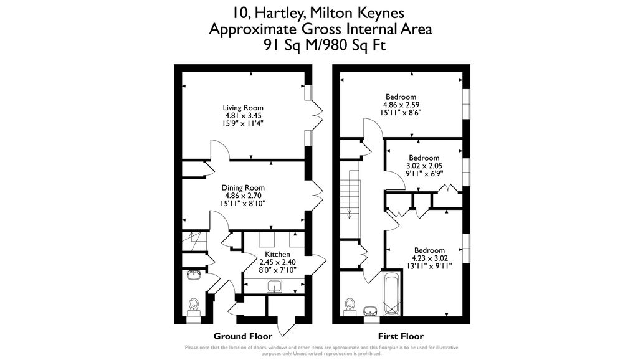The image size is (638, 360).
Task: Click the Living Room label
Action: (243, 108)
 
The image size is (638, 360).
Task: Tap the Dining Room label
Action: (243, 188)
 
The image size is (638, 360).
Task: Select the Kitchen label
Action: (277, 254)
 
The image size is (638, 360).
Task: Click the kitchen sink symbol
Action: (275, 286)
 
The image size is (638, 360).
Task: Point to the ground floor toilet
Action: (194, 307)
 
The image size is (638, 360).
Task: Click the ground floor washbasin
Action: (194, 275)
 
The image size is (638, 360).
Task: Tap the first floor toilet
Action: (349, 308)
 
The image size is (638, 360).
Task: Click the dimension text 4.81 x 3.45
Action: (243, 115)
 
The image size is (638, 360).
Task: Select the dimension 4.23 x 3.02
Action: (430, 258)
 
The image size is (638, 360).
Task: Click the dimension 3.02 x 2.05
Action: (424, 166)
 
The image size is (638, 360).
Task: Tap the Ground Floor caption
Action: (243, 336)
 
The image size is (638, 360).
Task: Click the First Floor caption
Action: (401, 336)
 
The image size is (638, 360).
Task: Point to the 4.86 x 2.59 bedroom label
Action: (401, 105)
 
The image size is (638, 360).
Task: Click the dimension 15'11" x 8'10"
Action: (243, 204)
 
